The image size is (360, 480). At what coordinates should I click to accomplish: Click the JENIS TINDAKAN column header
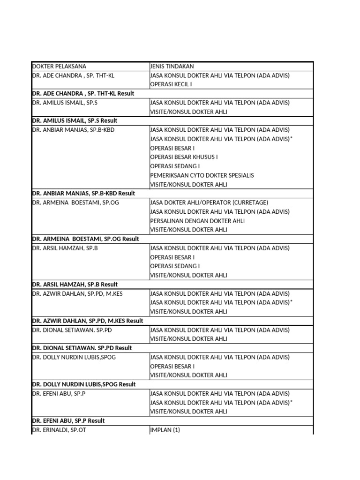click(x=172, y=67)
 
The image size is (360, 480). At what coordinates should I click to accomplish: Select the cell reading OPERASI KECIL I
click(x=171, y=84)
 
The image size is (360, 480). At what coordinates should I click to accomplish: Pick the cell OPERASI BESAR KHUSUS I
click(x=184, y=157)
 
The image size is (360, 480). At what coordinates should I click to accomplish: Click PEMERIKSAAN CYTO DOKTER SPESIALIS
click(x=202, y=175)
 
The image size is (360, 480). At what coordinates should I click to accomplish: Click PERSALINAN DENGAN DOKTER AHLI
click(x=197, y=221)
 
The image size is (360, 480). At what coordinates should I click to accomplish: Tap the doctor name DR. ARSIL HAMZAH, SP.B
click(x=65, y=248)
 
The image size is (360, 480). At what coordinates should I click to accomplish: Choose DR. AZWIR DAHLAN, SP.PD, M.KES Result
click(x=88, y=321)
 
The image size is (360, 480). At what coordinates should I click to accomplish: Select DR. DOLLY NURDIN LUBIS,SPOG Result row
click(x=83, y=384)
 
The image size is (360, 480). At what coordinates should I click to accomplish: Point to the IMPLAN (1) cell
click(x=165, y=430)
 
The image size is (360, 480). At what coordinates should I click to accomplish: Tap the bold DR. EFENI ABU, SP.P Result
click(x=68, y=420)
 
